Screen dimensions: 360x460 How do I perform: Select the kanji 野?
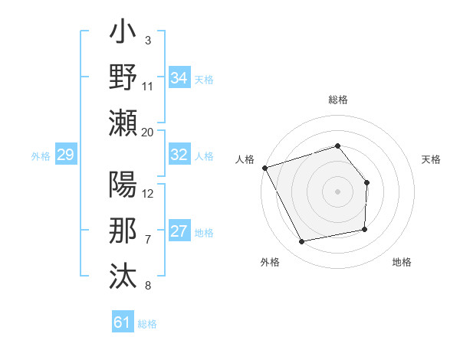[123, 78]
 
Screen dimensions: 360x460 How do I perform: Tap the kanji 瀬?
[123, 122]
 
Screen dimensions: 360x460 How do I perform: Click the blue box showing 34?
[179, 77]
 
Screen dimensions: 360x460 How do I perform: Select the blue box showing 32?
[179, 155]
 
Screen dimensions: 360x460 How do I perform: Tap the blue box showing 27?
[179, 232]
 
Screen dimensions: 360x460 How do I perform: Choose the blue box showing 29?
[65, 155]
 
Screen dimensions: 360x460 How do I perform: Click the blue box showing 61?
[123, 322]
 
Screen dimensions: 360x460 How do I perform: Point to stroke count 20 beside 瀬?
[148, 132]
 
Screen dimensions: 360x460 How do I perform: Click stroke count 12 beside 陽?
[149, 192]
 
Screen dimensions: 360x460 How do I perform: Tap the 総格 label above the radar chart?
[337, 100]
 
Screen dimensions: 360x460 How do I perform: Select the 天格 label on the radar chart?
[431, 159]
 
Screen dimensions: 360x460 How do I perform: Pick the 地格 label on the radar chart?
[402, 262]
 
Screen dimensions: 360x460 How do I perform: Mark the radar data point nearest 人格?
[264, 167]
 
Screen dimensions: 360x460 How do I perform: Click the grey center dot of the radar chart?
[337, 191]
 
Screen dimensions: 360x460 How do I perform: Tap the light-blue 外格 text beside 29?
[41, 156]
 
